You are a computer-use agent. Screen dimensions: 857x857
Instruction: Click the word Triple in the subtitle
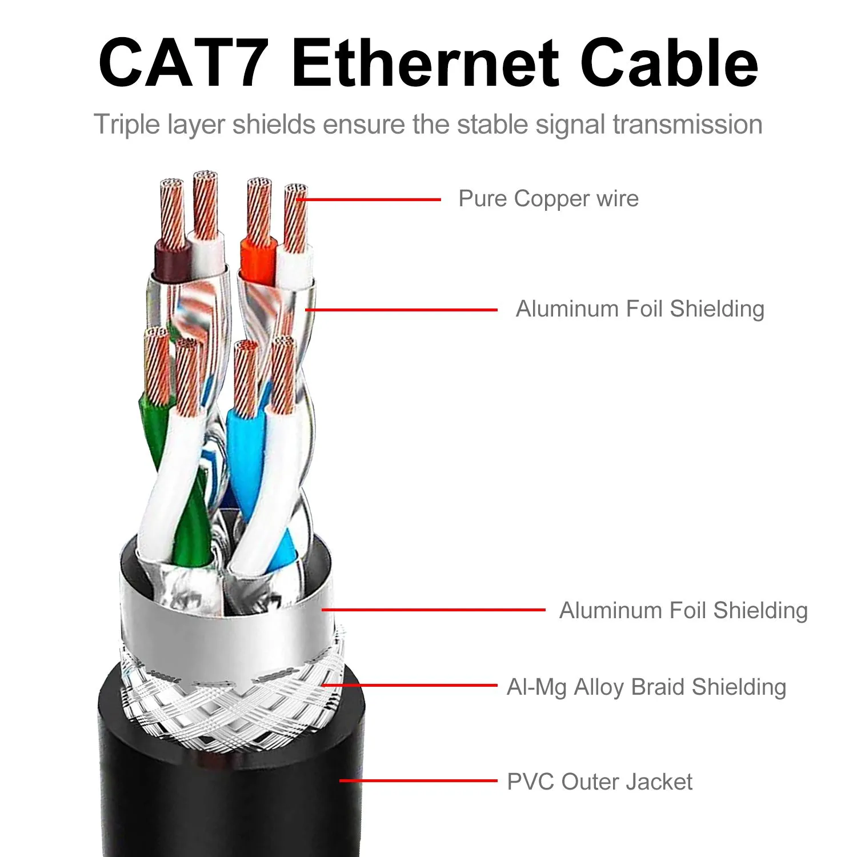coord(127,125)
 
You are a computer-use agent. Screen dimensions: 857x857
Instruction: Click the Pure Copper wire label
coord(548,199)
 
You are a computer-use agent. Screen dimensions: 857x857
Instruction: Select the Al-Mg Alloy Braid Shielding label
coord(646,687)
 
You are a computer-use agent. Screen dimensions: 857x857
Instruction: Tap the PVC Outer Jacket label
coord(599,782)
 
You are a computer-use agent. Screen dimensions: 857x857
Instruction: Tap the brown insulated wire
coord(171,263)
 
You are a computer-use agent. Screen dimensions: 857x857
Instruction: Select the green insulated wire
coord(154,434)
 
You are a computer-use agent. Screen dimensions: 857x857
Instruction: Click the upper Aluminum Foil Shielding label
coord(640,309)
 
